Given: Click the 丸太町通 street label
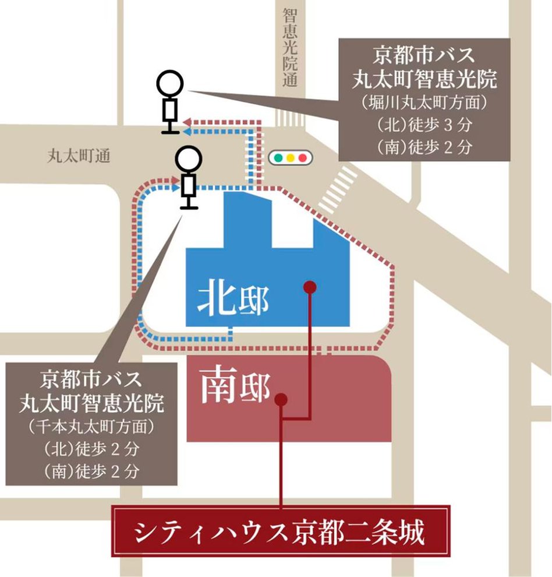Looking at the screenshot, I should point(79,156).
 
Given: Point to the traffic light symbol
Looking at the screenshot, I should point(290,157).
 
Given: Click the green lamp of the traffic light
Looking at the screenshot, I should point(278,157).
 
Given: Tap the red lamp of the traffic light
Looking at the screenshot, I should point(302,157).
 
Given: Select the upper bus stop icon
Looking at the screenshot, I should point(170,102).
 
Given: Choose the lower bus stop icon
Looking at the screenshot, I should point(188,177).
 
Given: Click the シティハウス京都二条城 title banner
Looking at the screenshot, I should point(281,532).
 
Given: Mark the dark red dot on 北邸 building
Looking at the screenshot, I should point(310,286).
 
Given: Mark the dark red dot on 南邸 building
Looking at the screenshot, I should point(281,399).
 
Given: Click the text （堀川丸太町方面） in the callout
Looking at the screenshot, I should point(423,103).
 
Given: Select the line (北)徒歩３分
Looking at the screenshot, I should point(423,125).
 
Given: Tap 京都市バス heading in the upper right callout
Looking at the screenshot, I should point(423,57).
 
